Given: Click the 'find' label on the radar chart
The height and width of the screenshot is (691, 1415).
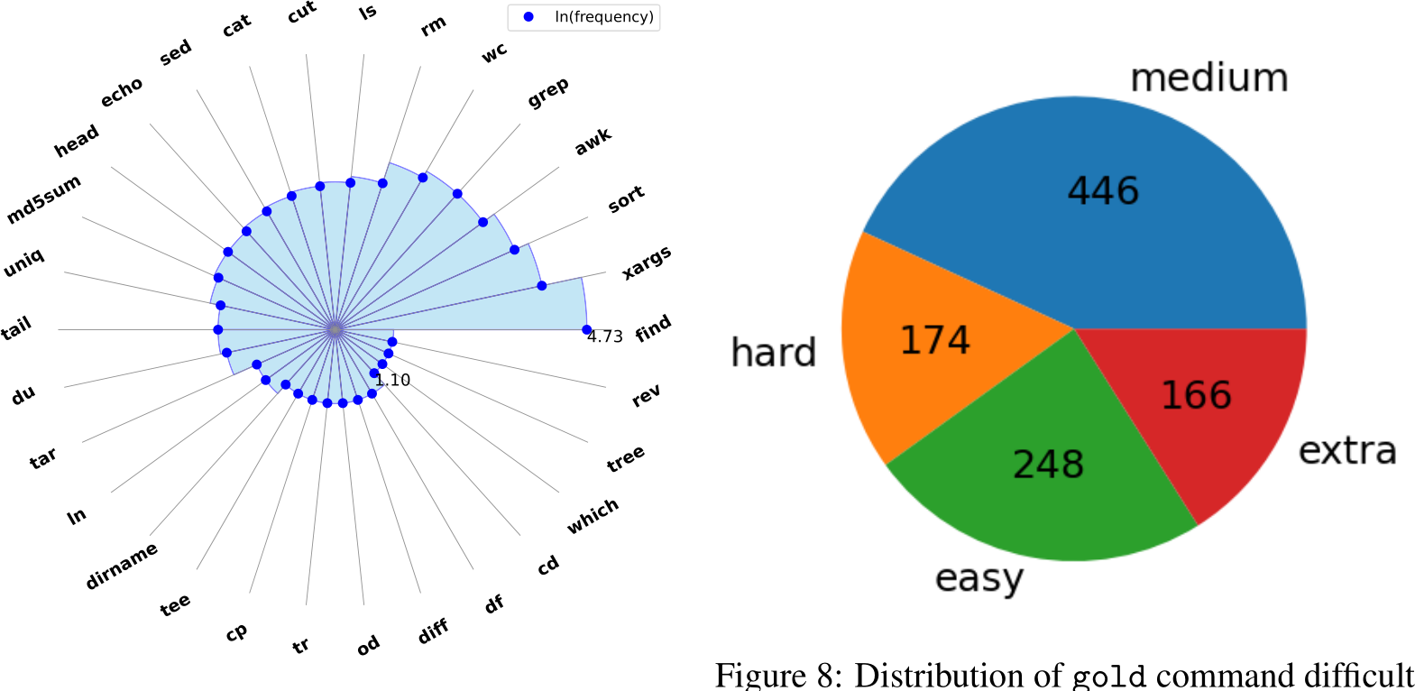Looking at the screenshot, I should [653, 327].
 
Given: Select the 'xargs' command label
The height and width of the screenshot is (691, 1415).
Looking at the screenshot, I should [647, 262].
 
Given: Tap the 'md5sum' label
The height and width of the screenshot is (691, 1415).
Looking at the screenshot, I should [43, 199].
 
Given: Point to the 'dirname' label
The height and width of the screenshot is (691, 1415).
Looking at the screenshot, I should [122, 566].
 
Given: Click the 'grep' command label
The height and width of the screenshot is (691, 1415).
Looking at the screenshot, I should [547, 92].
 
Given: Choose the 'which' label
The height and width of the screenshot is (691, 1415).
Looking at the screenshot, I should [593, 515].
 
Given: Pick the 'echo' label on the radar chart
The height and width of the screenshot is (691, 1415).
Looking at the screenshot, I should [122, 91].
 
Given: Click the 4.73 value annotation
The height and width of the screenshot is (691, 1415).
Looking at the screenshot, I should [605, 336].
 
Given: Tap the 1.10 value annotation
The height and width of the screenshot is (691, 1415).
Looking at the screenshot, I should [393, 381].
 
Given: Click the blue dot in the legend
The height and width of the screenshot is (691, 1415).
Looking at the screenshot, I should [528, 17].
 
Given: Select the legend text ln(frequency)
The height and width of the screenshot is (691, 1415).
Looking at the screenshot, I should [603, 17].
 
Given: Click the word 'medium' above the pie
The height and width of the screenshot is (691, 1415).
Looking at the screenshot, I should [1208, 78].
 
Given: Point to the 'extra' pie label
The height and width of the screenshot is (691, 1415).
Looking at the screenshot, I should [1347, 450].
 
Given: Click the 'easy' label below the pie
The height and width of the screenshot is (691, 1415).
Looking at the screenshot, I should [979, 579].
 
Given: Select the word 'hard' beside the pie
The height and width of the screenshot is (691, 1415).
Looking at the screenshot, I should [773, 353].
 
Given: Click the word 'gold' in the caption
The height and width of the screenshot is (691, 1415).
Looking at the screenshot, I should [1108, 676].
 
